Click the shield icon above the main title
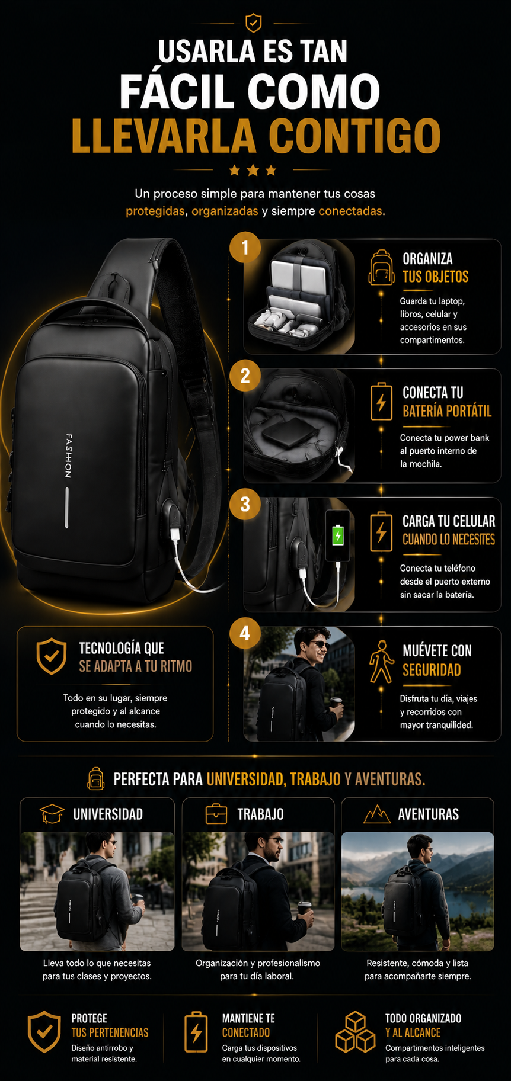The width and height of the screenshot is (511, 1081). tap(253, 23)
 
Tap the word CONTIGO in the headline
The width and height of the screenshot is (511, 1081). tap(354, 136)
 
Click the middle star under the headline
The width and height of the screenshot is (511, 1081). tap(253, 171)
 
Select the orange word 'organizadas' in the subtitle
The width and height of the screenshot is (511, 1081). tap(225, 211)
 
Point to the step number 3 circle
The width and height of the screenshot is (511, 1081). tap(245, 504)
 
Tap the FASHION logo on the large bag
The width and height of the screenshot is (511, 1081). tap(69, 456)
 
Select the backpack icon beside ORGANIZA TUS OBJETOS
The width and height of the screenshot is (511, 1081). tap(381, 268)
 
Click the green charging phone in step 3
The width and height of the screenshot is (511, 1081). tap(337, 535)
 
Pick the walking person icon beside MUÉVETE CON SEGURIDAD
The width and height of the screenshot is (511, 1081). tap(381, 662)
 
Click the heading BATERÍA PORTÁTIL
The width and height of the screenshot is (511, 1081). tap(447, 411)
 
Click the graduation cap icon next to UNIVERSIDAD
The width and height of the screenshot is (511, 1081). tap(52, 814)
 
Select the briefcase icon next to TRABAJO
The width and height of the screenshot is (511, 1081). tap(216, 814)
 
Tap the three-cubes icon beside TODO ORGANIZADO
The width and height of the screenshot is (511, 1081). tap(355, 1032)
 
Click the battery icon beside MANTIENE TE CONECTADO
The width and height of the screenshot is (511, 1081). tap(196, 1032)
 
